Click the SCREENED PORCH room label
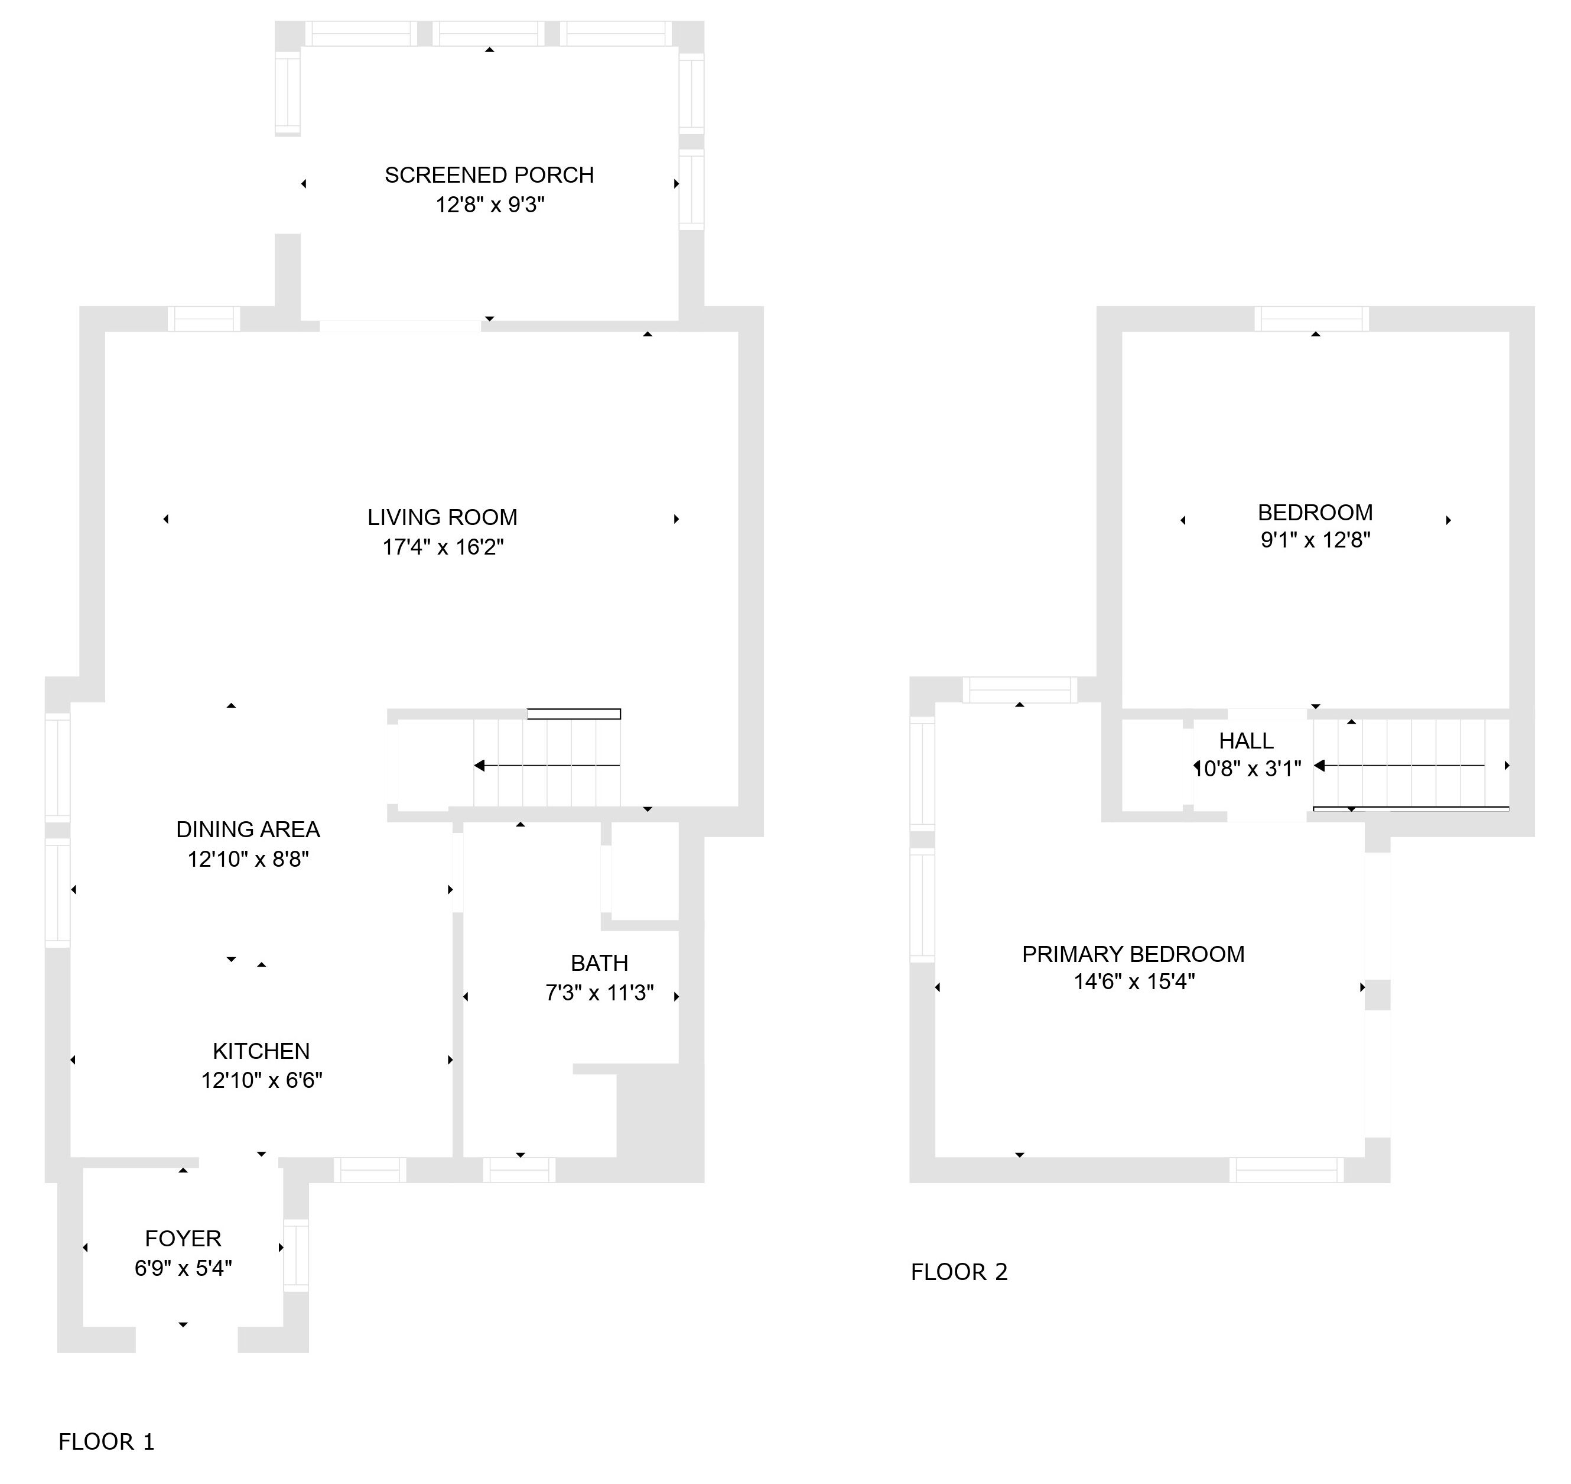tap(489, 175)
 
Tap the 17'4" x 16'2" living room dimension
tap(443, 547)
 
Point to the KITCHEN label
tap(262, 1051)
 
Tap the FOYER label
tap(183, 1238)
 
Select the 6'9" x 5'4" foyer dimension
tap(183, 1268)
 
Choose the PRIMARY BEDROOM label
tap(1134, 954)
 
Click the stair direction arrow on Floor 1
tap(547, 766)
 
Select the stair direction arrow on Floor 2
tap(1400, 766)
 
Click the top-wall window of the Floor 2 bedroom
tap(1312, 319)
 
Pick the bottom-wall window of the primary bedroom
tap(1286, 1170)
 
